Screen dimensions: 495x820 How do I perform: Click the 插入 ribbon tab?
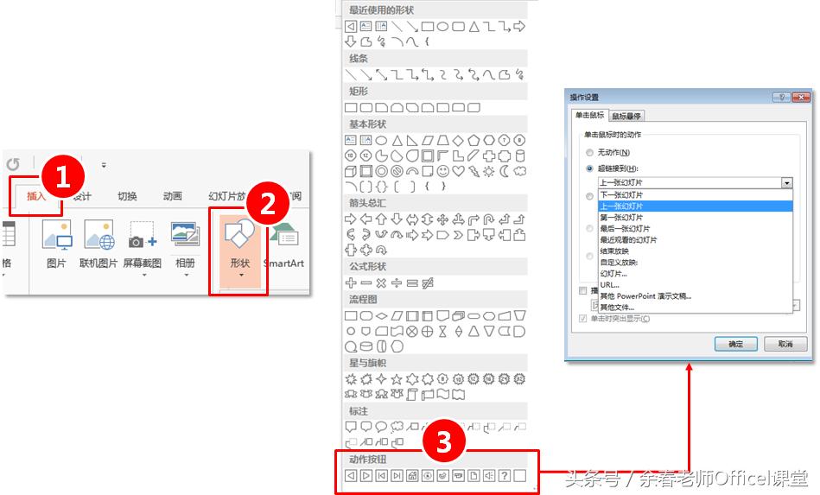pyautogui.click(x=36, y=196)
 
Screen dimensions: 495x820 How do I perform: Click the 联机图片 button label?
pyautogui.click(x=98, y=263)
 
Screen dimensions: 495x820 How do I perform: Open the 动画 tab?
pyautogui.click(x=173, y=196)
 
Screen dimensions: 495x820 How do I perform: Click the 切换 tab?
pyautogui.click(x=127, y=196)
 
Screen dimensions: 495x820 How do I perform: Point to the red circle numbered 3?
pyautogui.click(x=443, y=442)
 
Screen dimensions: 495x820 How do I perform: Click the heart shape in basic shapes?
pyautogui.click(x=459, y=171)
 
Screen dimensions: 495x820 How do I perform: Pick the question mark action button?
pyautogui.click(x=504, y=475)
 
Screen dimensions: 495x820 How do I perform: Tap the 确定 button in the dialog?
pyautogui.click(x=735, y=344)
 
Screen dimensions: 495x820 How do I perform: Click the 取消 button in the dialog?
pyautogui.click(x=785, y=344)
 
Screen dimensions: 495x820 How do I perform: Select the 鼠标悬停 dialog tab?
pyautogui.click(x=626, y=116)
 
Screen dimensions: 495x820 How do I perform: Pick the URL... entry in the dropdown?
pyautogui.click(x=609, y=285)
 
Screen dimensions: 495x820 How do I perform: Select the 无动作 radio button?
pyautogui.click(x=589, y=152)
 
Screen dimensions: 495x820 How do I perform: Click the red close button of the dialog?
pyautogui.click(x=801, y=98)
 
